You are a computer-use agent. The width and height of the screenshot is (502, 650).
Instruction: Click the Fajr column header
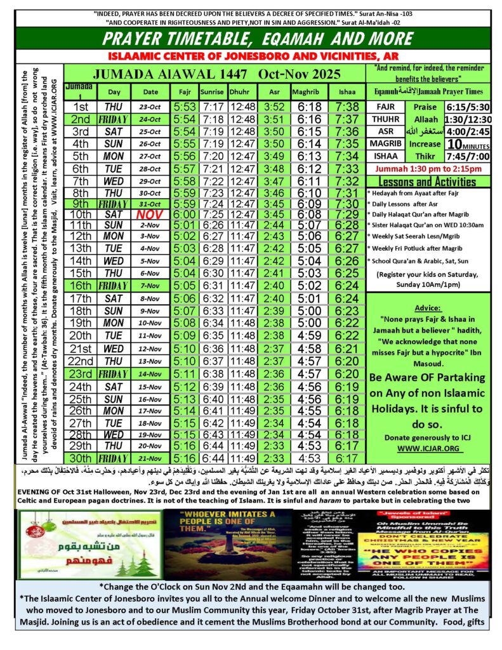pos(185,91)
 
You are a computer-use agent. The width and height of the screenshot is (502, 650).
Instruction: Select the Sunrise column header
pos(213,91)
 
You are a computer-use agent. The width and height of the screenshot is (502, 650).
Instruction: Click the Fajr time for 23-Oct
pos(185,107)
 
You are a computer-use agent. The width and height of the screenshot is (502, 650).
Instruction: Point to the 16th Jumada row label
pos(81,284)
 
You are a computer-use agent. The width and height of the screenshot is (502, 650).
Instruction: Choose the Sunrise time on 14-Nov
pos(213,375)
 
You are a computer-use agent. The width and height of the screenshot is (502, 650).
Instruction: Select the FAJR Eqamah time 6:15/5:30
pos(466,107)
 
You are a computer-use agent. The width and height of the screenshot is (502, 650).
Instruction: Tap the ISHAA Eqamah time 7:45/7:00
pos(466,156)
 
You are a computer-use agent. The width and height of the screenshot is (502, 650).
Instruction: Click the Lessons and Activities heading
pos(429,182)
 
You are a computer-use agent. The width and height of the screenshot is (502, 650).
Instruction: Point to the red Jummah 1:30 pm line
pos(429,169)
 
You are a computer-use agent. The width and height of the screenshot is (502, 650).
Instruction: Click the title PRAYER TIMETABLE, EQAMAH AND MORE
pos(251,37)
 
